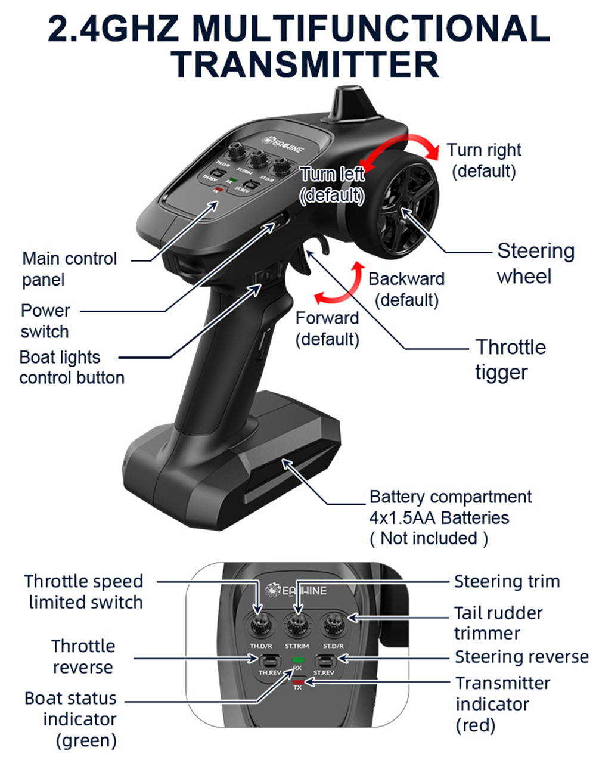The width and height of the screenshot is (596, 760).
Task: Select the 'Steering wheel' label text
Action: coord(535,263)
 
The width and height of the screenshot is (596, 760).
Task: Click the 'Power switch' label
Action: coord(45,321)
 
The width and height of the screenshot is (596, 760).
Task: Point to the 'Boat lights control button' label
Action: coord(72,367)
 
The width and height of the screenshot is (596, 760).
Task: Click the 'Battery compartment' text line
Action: coord(450,497)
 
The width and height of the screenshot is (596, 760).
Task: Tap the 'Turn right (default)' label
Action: coord(483,160)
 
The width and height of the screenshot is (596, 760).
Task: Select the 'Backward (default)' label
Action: coord(406,289)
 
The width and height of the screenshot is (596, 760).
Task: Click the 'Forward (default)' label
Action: coord(327,328)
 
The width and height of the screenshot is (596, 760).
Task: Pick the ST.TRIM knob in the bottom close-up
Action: coord(296,625)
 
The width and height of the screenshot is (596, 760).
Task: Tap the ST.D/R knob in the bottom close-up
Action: coord(333,625)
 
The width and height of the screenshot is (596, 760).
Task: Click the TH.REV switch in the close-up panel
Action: coord(270,660)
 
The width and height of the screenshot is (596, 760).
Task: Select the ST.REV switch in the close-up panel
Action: coord(324,660)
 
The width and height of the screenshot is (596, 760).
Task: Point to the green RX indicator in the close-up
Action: coord(297,660)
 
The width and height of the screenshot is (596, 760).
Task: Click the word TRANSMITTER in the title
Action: coord(308,64)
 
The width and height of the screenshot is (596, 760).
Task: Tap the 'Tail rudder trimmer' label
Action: coord(498,623)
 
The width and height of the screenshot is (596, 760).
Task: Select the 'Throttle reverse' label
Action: coord(83,656)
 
